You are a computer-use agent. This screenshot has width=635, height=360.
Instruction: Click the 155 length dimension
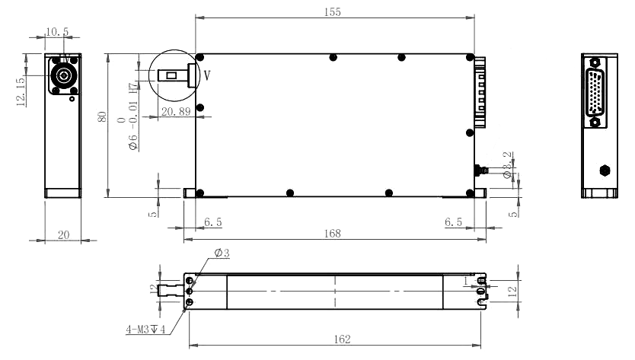tap(333, 12)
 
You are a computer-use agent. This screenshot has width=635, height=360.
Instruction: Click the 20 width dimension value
tap(64, 236)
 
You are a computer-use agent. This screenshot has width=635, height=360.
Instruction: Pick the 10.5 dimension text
tap(56, 32)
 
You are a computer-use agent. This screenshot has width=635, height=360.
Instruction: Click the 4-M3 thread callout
tap(146, 330)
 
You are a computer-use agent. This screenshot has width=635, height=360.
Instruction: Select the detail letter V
tap(207, 75)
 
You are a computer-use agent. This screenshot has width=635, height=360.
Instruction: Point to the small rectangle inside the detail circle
tap(173, 75)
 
